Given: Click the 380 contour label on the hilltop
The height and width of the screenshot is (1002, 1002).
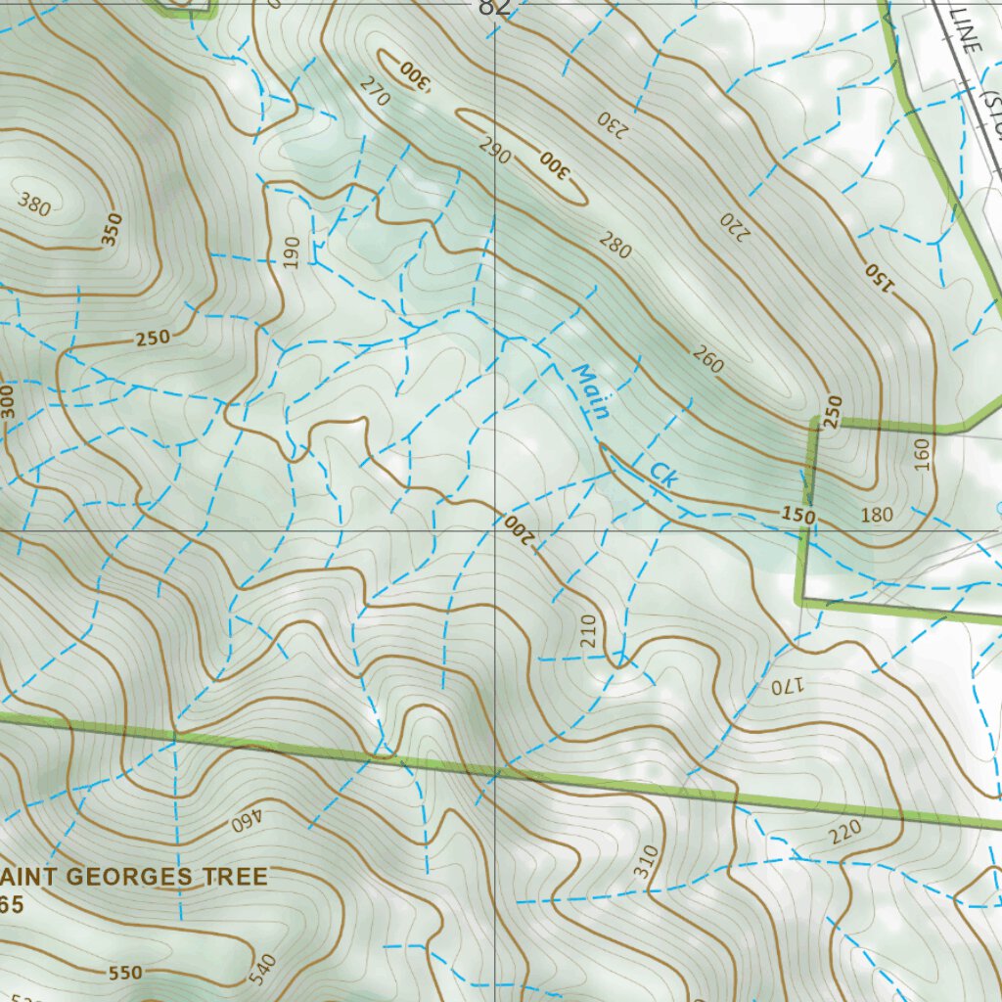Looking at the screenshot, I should coord(34,205).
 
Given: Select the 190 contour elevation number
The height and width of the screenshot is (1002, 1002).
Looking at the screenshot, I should coord(292,251).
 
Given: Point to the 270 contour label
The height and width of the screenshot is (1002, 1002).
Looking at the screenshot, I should coord(374,93).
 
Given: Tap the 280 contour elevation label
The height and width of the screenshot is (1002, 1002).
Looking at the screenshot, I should coord(615,247).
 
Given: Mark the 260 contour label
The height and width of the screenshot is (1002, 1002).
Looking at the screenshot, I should coord(707,361).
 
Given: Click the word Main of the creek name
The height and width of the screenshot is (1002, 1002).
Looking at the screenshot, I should coord(591,392).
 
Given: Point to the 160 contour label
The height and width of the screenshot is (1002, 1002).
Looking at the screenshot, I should coord(921,454).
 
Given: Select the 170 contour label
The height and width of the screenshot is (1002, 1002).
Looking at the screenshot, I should coord(786,686).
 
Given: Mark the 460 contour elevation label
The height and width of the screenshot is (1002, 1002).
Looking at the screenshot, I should coord(249,821).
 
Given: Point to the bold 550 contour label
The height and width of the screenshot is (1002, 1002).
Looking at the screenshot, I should coord(125,973).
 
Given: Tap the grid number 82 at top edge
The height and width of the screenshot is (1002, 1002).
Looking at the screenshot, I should coord(494,8).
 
